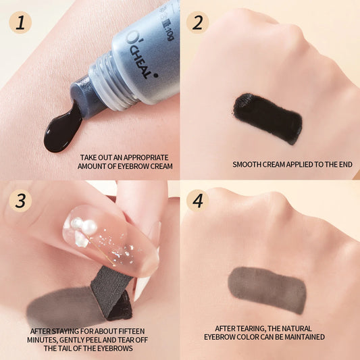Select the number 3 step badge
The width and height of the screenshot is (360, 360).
click(x=20, y=201)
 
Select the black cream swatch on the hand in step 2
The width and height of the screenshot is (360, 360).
click(x=267, y=118)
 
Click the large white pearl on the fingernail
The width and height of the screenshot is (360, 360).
click(x=88, y=227)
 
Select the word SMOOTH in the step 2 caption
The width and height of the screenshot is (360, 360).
click(x=248, y=164)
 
